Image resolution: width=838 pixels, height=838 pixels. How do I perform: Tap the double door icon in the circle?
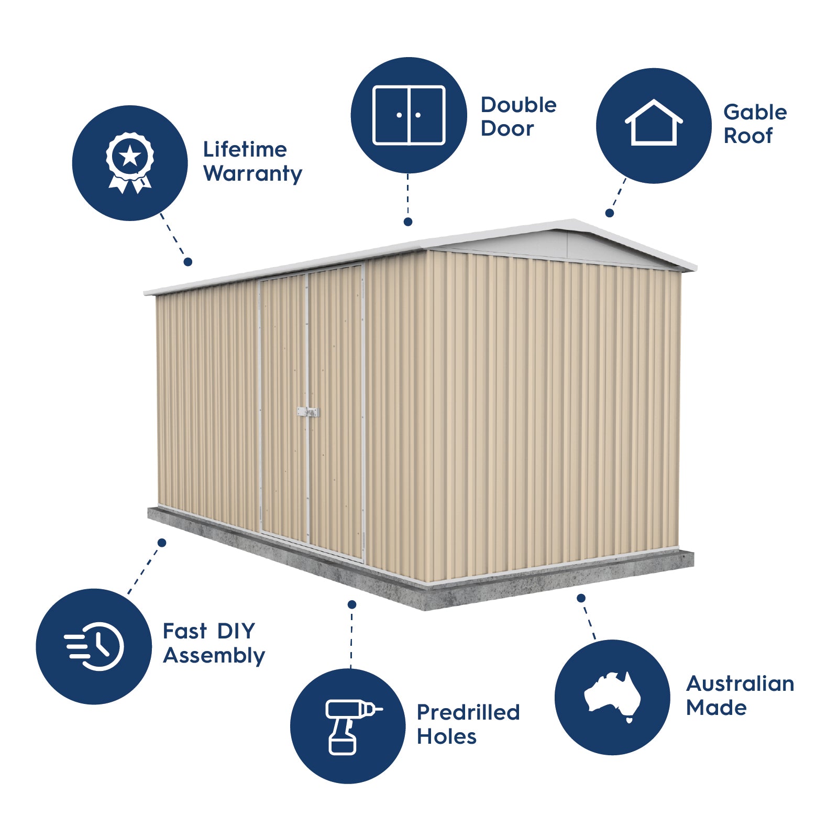(409, 115)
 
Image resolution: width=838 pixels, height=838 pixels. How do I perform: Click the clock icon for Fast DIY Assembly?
(94, 646)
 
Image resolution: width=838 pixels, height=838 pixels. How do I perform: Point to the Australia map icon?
(612, 697)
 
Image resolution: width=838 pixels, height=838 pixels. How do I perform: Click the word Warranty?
(252, 174)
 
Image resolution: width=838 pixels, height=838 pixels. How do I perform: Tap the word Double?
(519, 105)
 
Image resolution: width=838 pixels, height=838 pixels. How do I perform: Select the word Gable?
(755, 112)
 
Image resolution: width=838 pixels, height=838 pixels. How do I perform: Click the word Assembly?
(214, 656)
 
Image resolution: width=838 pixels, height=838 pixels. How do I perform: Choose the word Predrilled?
(468, 712)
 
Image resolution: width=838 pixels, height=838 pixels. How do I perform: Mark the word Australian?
(740, 683)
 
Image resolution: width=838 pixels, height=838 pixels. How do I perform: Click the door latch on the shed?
(308, 412)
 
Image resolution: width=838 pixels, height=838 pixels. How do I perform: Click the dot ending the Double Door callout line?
(408, 222)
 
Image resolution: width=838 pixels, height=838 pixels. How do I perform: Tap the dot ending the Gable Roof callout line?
(610, 213)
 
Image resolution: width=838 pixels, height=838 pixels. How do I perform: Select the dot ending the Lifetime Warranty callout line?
(188, 262)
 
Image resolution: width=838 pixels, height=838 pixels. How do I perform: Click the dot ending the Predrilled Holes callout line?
(352, 604)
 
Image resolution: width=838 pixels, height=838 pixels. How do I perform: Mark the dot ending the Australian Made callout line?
(581, 598)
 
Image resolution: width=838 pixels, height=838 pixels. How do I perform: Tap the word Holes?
(446, 737)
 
